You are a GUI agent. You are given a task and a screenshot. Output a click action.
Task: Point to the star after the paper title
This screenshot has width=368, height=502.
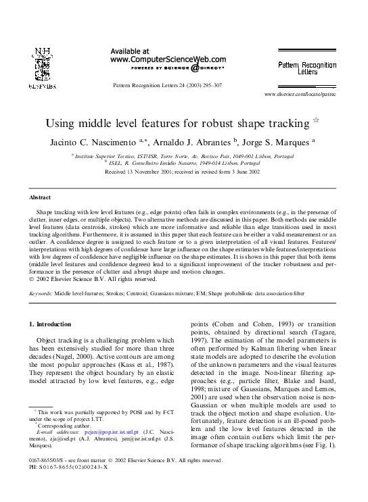coord(315,122)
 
